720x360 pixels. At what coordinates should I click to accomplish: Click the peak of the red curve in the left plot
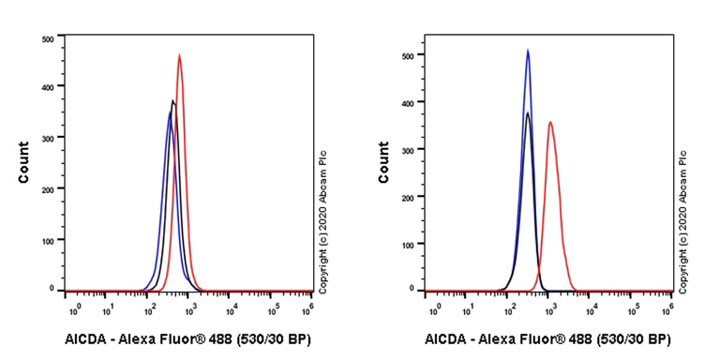pyautogui.click(x=179, y=55)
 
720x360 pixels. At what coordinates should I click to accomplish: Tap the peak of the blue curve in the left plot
pyautogui.click(x=170, y=112)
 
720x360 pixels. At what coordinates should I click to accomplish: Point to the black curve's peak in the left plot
pyautogui.click(x=173, y=100)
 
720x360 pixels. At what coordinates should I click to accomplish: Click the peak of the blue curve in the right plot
pyautogui.click(x=528, y=51)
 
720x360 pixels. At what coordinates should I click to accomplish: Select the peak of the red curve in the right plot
pyautogui.click(x=550, y=122)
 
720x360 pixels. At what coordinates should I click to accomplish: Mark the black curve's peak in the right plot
pyautogui.click(x=528, y=113)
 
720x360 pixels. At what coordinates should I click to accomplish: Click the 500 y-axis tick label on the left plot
pyautogui.click(x=47, y=38)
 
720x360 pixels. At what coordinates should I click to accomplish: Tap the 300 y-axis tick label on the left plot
pyautogui.click(x=47, y=137)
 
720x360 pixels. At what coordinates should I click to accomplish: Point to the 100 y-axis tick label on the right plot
pyautogui.click(x=408, y=244)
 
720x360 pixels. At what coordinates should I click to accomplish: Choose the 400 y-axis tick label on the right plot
pyautogui.click(x=408, y=102)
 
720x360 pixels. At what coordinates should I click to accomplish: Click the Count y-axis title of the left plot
pyautogui.click(x=23, y=162)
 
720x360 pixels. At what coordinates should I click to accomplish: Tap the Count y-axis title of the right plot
pyautogui.click(x=383, y=162)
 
